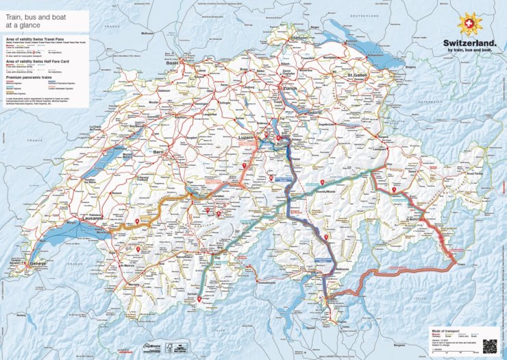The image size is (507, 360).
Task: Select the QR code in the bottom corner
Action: [489, 346]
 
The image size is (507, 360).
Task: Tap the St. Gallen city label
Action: [358, 75]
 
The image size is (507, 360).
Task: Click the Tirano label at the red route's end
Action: [453, 263]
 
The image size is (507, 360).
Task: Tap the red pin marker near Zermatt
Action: [199, 299]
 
